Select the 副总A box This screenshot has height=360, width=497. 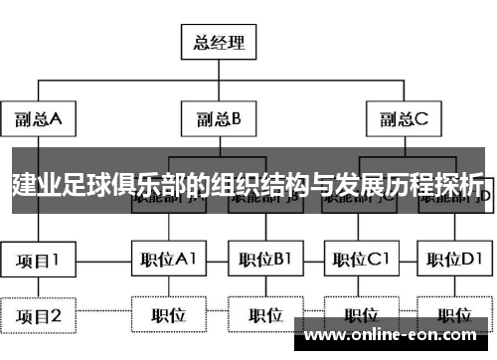[x=39, y=120]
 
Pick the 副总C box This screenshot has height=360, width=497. [x=402, y=120]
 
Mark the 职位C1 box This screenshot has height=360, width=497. [x=361, y=261]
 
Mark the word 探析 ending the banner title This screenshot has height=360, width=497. [x=460, y=184]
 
